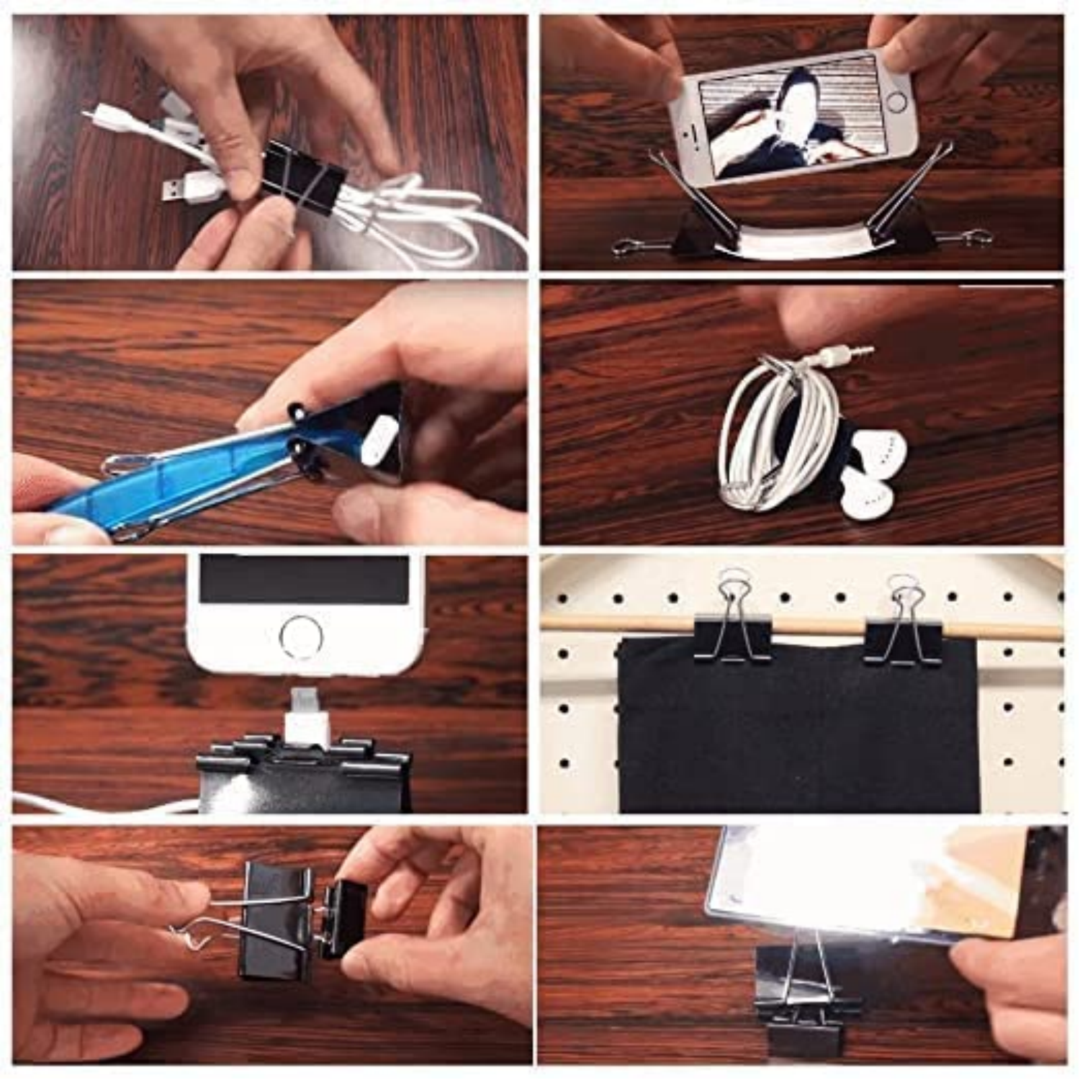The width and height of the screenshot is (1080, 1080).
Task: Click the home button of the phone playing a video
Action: (x=896, y=102)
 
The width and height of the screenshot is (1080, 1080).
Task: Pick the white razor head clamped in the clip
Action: (x=381, y=439)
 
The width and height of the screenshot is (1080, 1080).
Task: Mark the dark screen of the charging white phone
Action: (x=303, y=580)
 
